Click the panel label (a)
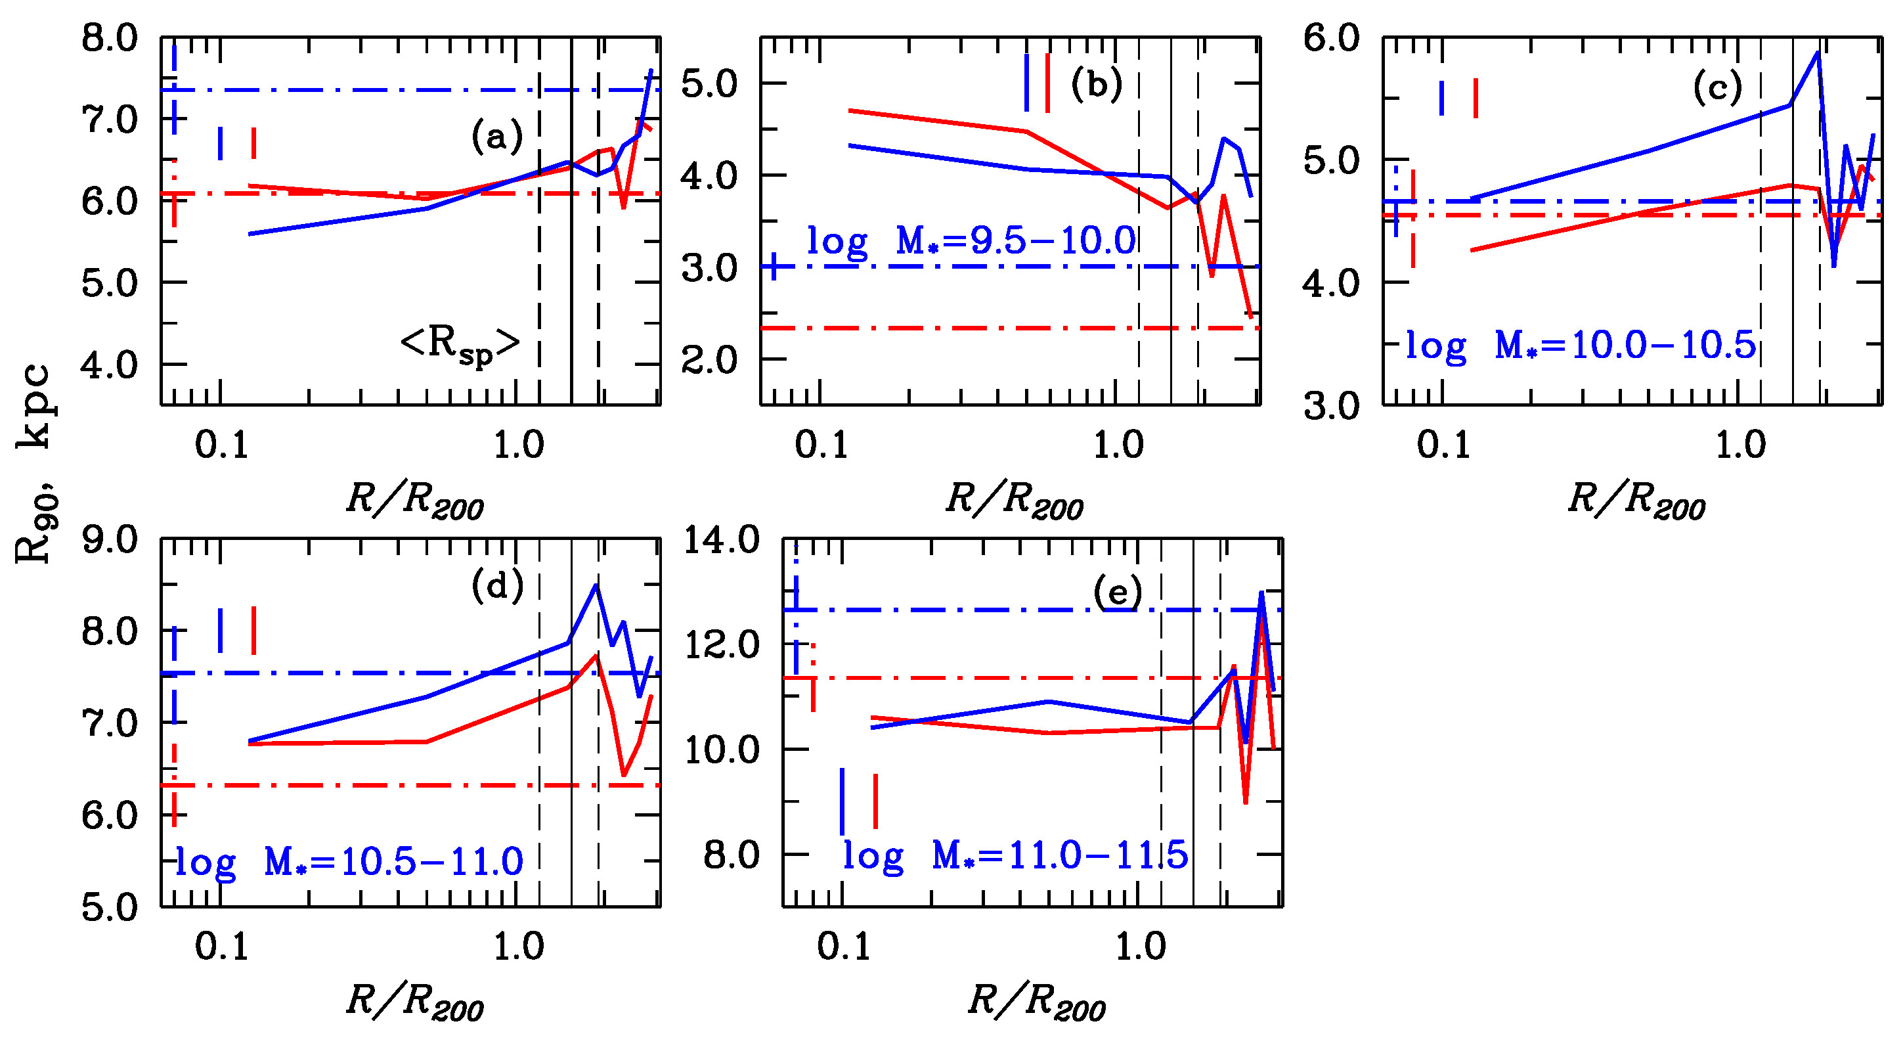click(496, 137)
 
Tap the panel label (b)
click(1097, 84)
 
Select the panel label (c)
click(1718, 88)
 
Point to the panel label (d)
click(497, 586)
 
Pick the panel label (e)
click(1118, 593)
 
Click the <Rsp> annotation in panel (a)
click(460, 344)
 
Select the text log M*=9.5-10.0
click(971, 242)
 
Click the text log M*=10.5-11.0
click(349, 862)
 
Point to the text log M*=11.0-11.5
click(1015, 855)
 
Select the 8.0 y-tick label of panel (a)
click(109, 38)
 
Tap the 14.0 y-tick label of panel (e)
click(721, 540)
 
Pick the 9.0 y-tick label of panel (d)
click(109, 540)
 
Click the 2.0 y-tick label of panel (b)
click(709, 361)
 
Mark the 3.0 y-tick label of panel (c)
click(1331, 405)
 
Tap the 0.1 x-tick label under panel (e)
click(844, 947)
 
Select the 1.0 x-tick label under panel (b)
click(1118, 445)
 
